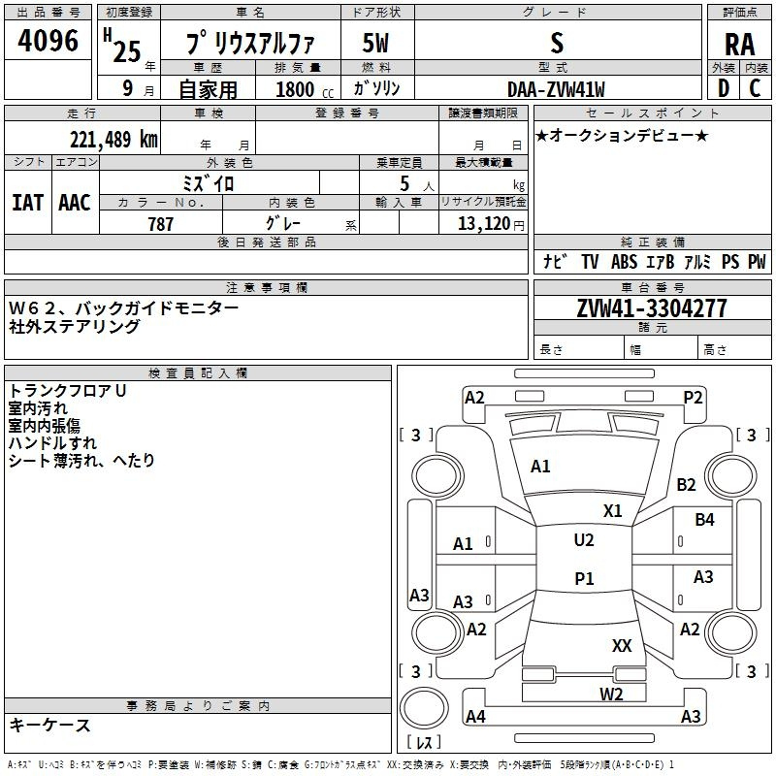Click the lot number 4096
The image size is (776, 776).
click(x=48, y=41)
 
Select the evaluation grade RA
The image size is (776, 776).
click(x=738, y=44)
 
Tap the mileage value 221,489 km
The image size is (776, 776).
click(x=113, y=139)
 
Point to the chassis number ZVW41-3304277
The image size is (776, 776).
click(x=651, y=308)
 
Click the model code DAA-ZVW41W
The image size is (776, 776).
click(x=556, y=89)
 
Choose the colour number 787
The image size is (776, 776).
click(x=160, y=224)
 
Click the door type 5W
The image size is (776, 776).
click(x=375, y=44)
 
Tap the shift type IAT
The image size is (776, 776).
click(x=27, y=202)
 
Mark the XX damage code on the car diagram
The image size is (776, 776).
click(x=622, y=646)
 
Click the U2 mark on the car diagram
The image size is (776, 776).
click(x=583, y=540)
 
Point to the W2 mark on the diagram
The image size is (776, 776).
click(x=610, y=694)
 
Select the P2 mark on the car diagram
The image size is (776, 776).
click(x=693, y=397)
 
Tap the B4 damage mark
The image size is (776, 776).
click(x=704, y=520)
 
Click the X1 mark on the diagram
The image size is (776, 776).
click(x=612, y=511)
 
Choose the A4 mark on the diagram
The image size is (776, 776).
click(x=475, y=717)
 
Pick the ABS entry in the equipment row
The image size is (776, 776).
click(x=624, y=262)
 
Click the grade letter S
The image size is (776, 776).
click(x=556, y=44)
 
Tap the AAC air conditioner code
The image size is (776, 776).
click(x=75, y=202)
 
